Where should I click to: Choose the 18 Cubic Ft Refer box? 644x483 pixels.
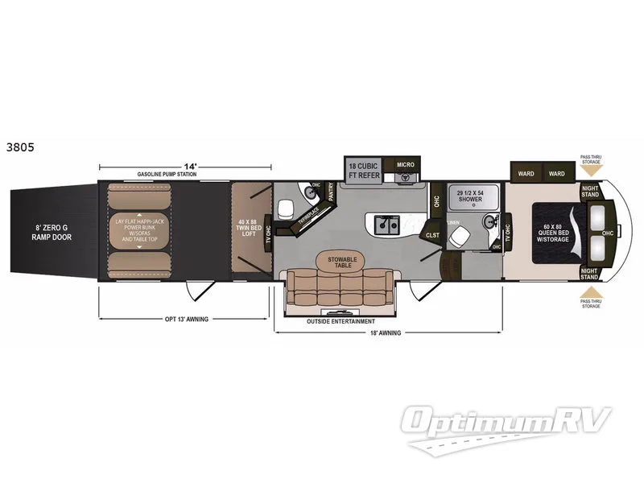tap(362, 170)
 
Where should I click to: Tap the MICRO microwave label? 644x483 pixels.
tap(405, 165)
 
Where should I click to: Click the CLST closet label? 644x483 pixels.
tap(432, 235)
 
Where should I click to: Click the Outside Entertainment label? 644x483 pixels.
tap(340, 320)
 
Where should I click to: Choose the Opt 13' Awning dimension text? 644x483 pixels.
tap(186, 319)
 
